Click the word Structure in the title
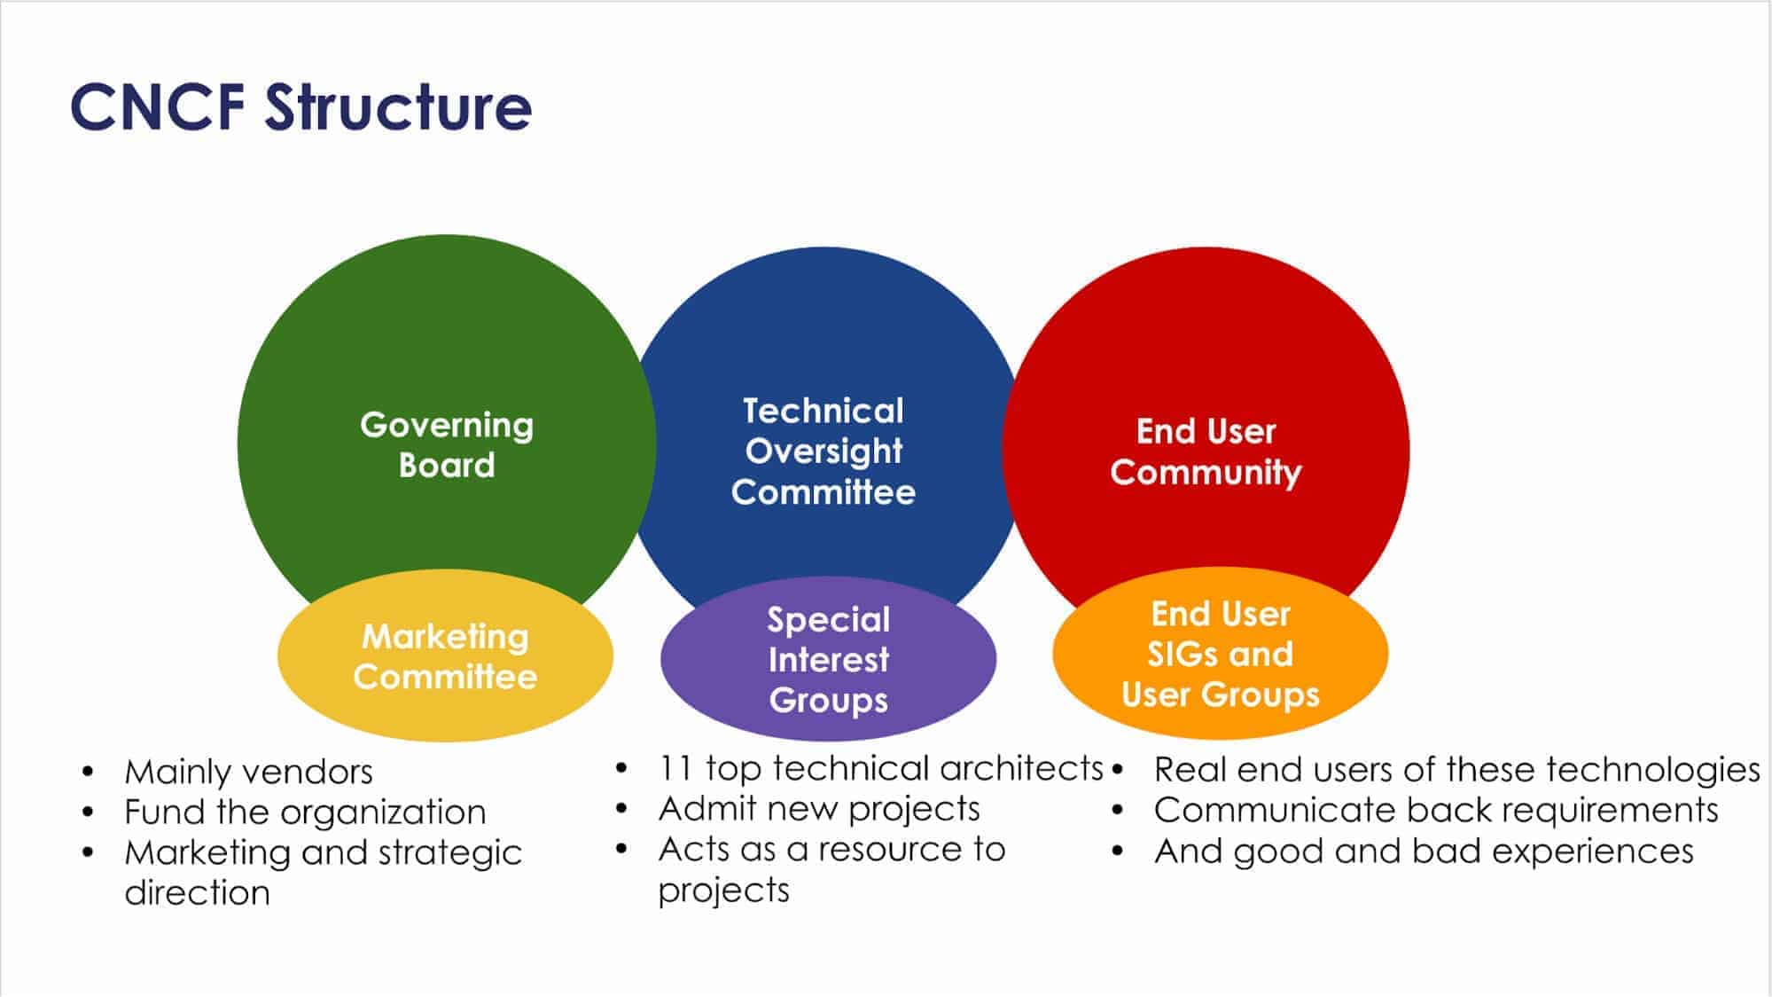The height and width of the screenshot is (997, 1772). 398,107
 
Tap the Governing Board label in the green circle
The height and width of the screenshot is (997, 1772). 447,444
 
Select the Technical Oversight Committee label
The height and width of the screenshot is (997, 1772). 824,451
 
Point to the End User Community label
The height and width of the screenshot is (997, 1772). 1206,451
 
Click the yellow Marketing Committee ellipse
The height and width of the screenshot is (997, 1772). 445,656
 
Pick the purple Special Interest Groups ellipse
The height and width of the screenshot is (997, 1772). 828,660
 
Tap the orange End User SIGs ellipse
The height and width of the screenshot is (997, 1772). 1220,654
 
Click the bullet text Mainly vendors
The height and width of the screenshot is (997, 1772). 248,772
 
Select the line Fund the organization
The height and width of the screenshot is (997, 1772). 305,812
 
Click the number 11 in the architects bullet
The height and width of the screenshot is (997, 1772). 675,768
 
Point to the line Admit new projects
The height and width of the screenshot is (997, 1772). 819,808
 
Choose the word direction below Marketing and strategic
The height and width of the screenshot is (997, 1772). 197,892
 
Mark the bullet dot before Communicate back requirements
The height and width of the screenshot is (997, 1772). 1117,810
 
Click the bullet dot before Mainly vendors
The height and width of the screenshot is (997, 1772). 88,772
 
